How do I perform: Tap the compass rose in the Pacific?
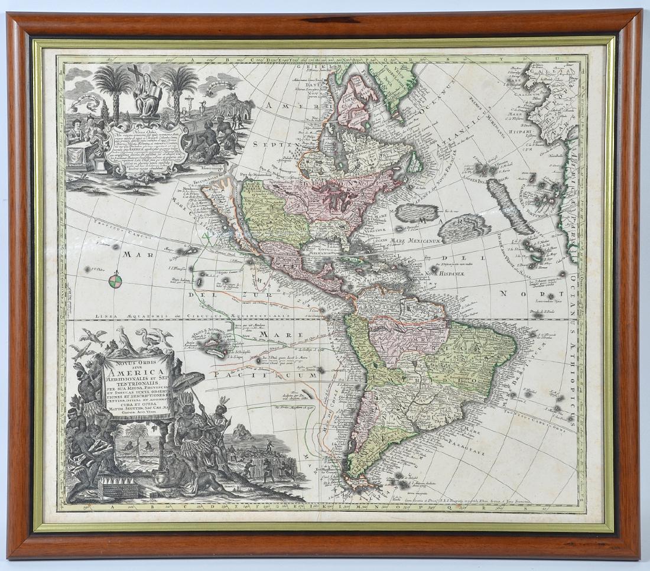[117, 280]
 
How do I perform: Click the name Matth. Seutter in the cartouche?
[138, 407]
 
